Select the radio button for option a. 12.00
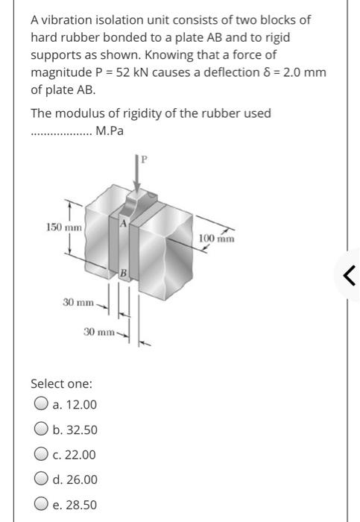40,404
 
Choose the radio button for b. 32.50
40,430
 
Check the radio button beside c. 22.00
40,455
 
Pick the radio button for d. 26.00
40,479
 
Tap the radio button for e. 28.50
40,505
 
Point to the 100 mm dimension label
217,239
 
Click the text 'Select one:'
61,384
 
